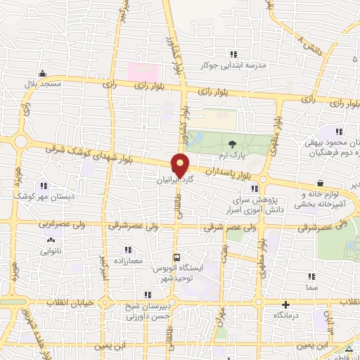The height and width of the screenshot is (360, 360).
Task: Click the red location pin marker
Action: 181,167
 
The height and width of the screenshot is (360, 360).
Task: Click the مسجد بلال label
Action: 43,84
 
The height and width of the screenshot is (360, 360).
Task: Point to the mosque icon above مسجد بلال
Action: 43,73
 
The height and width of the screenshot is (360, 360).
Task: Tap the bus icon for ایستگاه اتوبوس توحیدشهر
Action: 177,257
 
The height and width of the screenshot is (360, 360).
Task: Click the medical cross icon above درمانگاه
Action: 285,305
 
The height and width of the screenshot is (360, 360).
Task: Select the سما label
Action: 312,288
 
